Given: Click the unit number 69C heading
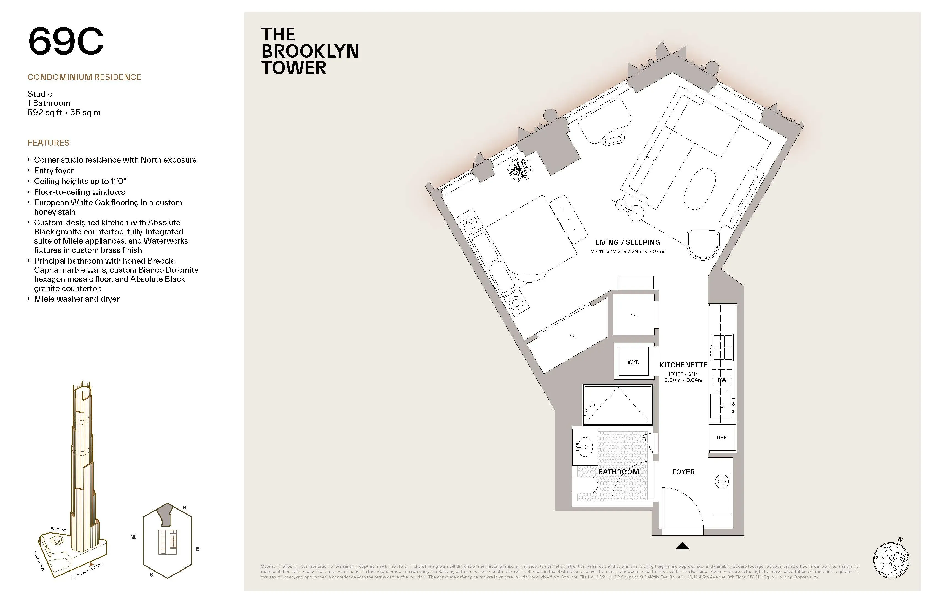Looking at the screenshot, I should click(66, 41).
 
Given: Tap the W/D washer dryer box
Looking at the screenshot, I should click(633, 361).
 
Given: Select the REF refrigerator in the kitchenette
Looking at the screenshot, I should click(722, 437).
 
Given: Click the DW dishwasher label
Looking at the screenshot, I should click(722, 380).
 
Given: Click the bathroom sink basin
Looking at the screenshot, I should click(585, 447).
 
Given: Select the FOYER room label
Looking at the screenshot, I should click(683, 471).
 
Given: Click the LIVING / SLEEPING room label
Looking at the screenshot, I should click(628, 242).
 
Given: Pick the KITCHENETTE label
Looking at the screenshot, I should click(683, 365).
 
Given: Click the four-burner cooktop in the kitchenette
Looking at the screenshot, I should click(721, 347).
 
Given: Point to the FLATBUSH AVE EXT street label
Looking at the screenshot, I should click(87, 570).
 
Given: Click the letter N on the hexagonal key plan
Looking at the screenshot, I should click(184, 508).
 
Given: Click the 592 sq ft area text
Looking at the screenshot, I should click(45, 113).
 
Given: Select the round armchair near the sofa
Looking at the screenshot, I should click(703, 244).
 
